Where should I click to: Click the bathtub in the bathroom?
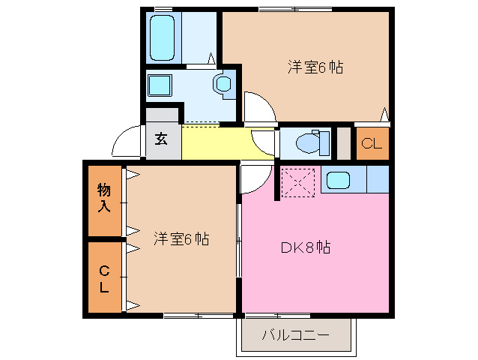tap(163, 37)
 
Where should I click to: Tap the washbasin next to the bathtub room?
tap(223, 84)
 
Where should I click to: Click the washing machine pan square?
tap(160, 85)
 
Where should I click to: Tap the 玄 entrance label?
tap(162, 139)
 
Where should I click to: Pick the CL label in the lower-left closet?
tap(103, 278)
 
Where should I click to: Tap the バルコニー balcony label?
tap(294, 334)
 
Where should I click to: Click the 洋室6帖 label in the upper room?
tap(315, 67)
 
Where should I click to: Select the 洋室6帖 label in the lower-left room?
tap(181, 239)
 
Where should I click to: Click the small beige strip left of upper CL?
tap(343, 143)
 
